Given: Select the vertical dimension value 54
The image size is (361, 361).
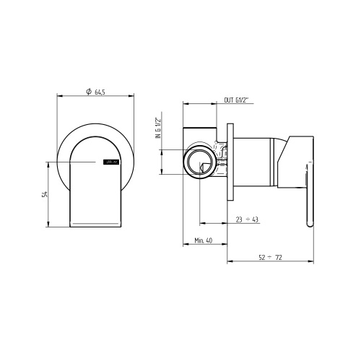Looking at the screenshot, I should pos(45,193).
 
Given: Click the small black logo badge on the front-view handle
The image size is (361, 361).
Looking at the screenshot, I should pos(111,163).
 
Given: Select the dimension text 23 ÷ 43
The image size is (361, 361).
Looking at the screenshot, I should pos(246,220).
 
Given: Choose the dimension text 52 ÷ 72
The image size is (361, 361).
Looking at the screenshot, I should pos(269,258).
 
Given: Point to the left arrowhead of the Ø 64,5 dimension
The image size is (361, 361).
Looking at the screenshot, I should pos(58,97).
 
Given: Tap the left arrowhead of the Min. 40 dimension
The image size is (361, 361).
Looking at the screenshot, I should pos(185,248).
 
